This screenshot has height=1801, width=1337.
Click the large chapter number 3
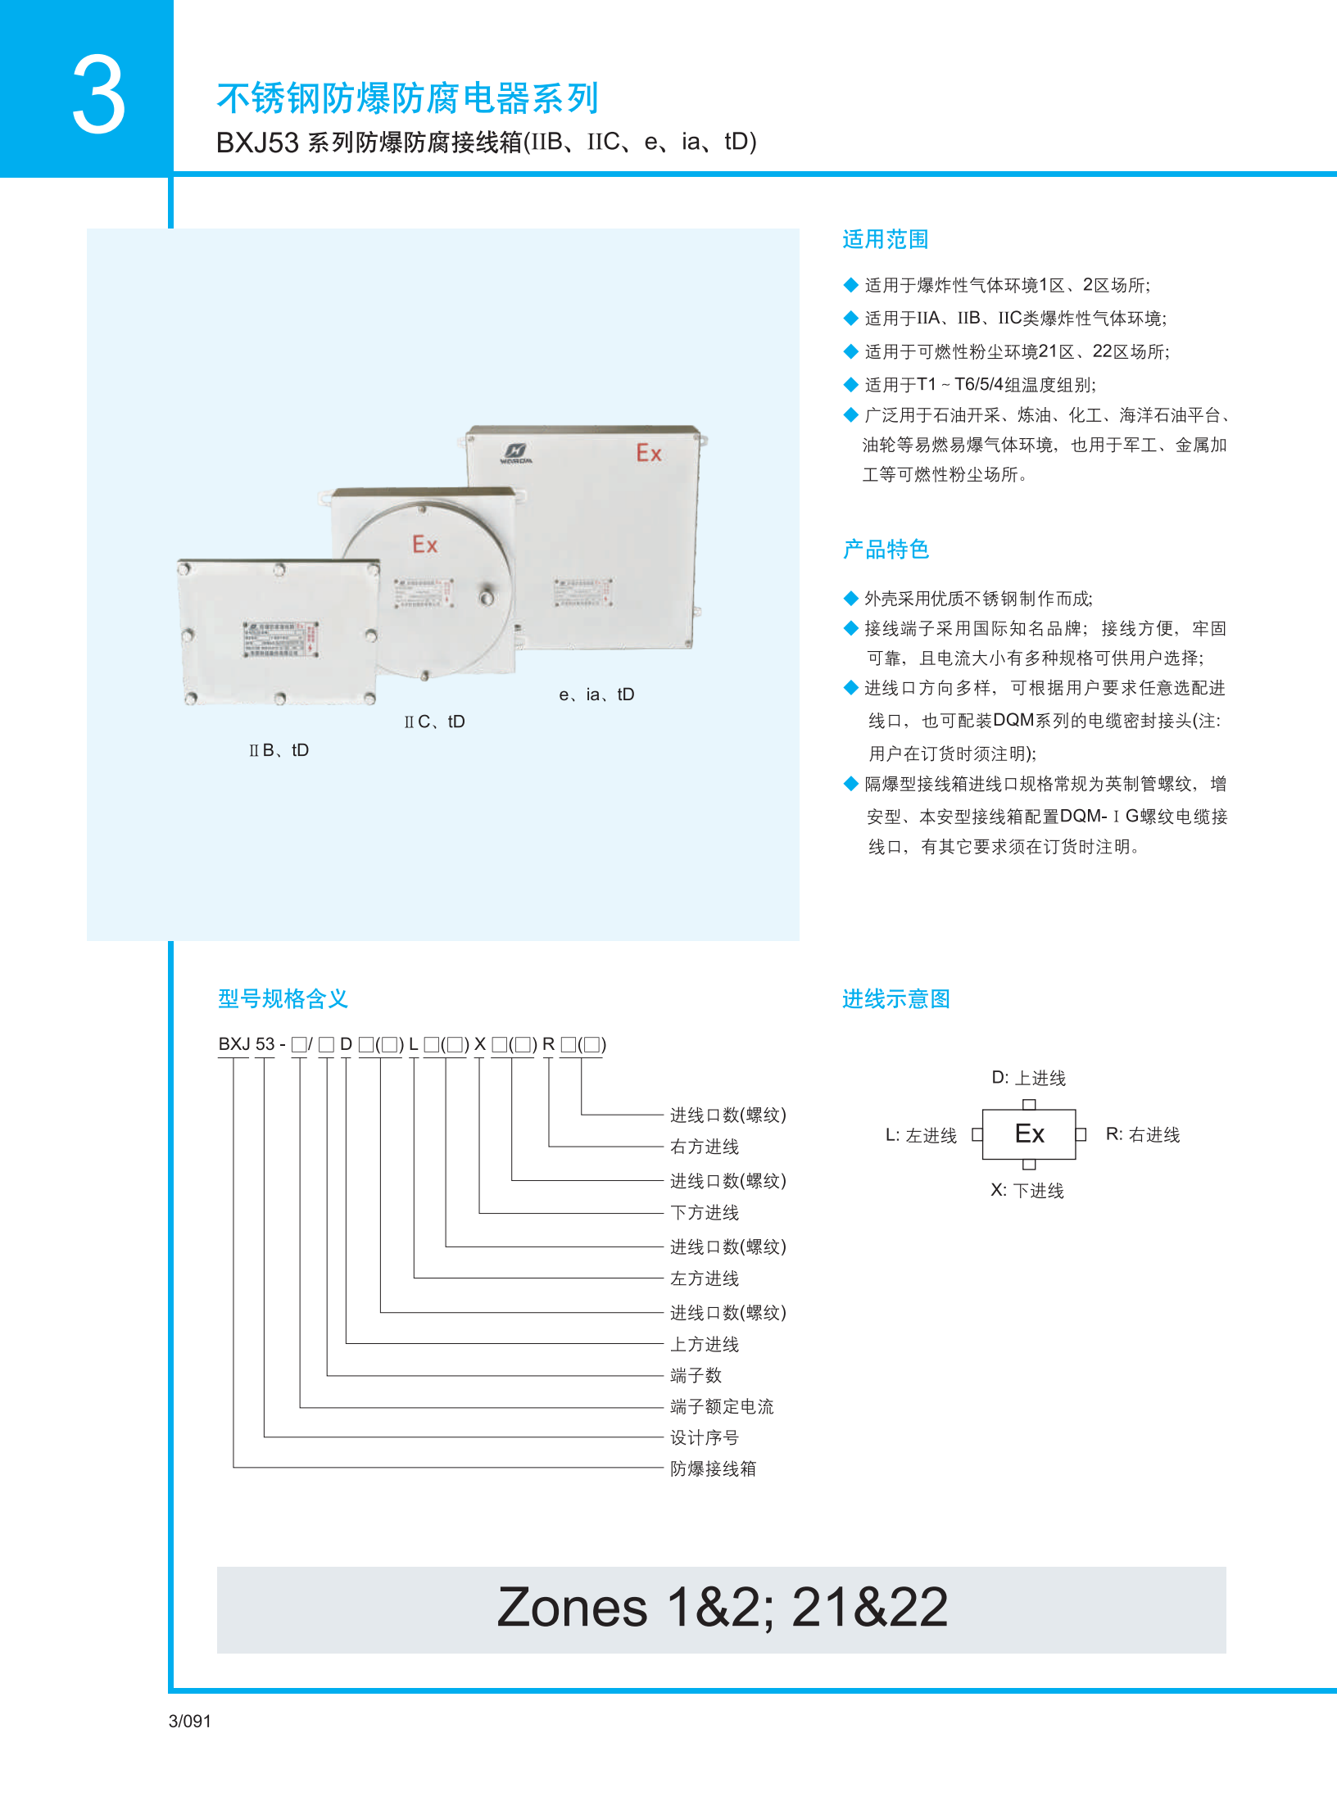coord(98,95)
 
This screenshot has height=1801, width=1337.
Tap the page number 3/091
coord(189,1721)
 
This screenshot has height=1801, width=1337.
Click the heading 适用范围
coord(885,239)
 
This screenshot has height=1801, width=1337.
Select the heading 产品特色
coord(885,549)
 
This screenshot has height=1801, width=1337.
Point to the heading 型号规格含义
coord(283,998)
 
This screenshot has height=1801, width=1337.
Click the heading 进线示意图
coord(895,998)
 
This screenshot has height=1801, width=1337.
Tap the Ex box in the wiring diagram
coord(1029,1134)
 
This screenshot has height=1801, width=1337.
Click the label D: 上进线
coord(1028,1078)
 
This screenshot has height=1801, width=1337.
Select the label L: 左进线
coord(921,1135)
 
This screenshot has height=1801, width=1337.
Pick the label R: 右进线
coord(1142,1134)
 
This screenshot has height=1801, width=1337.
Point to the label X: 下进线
coord(1027,1190)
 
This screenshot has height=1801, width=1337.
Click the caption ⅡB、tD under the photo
coord(279,750)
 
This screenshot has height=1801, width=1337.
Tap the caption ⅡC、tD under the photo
coord(434,722)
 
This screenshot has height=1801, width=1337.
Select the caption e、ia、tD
coord(596,695)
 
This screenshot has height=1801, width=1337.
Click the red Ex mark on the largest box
coord(649,453)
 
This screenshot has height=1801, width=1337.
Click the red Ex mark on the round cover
coord(424,545)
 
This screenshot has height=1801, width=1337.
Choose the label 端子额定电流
coord(721,1406)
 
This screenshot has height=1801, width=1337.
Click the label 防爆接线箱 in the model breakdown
coord(713,1468)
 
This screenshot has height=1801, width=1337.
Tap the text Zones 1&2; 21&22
coord(722,1607)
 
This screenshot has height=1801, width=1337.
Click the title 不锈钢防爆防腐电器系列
coord(407,98)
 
